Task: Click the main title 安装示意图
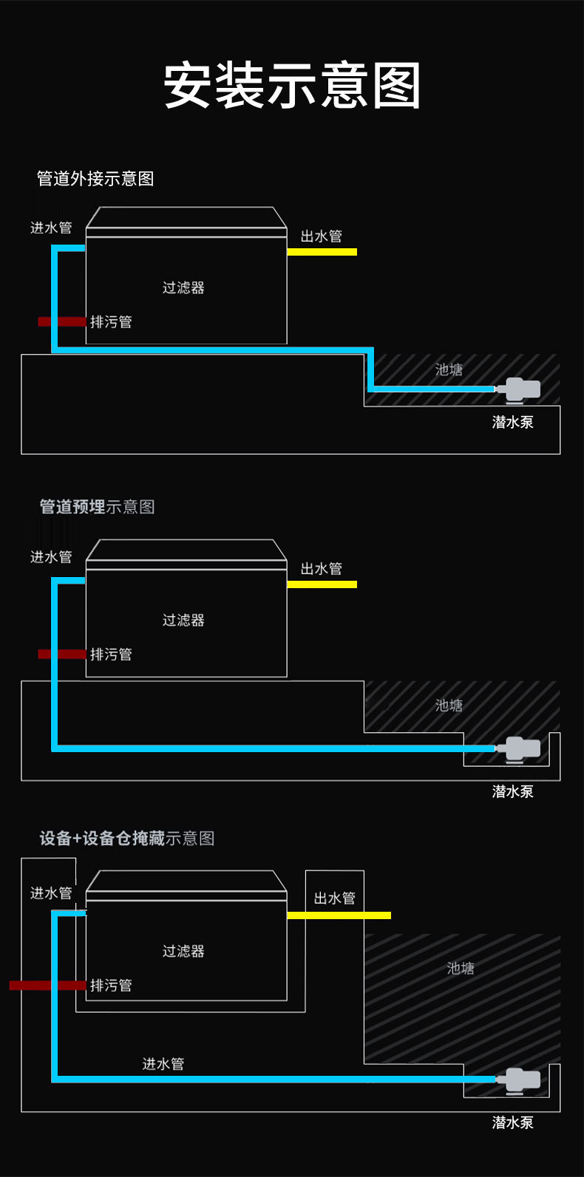coord(292,85)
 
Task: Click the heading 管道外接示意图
coord(95,179)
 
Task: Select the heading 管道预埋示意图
coord(97,507)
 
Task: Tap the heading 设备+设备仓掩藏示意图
coord(126,839)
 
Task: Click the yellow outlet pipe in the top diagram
coord(322,252)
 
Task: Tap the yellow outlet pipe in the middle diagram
coord(322,584)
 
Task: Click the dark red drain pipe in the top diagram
coord(62,321)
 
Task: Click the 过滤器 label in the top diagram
coord(183,287)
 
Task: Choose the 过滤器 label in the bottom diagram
coord(183,951)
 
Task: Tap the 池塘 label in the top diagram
coord(449,369)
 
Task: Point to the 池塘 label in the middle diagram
coord(449,706)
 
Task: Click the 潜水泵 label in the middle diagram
coord(512,791)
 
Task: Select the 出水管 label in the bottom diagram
coord(334,898)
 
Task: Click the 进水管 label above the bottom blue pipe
coord(163,1064)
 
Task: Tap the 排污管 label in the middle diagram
coord(111,655)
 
